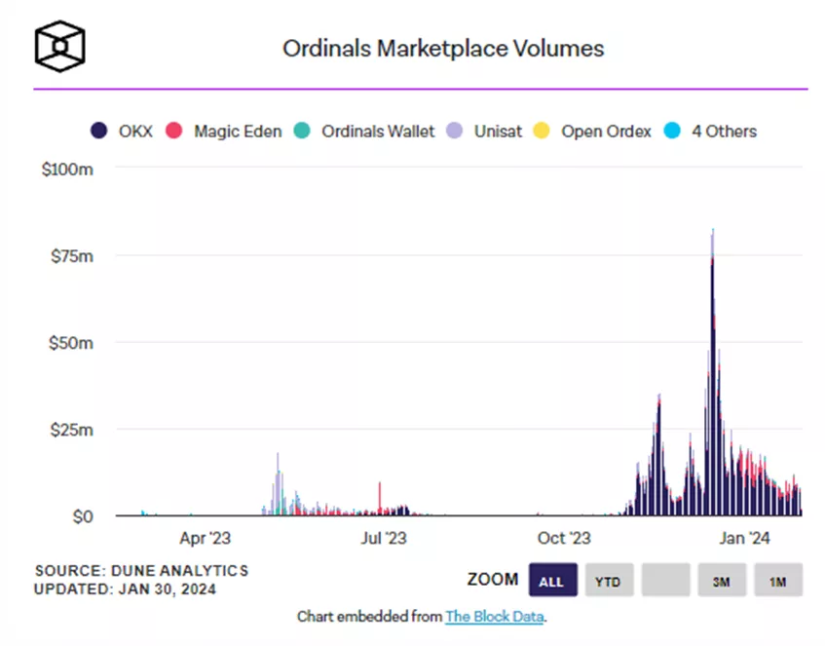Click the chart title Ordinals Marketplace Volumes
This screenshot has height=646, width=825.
(x=442, y=48)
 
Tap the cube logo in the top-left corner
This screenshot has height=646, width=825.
(x=59, y=46)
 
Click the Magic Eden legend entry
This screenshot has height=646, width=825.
(x=225, y=131)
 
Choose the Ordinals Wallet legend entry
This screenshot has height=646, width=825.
(x=365, y=131)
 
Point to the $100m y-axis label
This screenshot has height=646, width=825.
(x=68, y=169)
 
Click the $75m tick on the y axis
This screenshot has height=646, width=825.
(x=73, y=255)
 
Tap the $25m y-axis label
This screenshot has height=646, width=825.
(x=73, y=429)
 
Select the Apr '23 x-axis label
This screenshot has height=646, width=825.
(x=206, y=537)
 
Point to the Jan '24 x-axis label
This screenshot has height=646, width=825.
(x=745, y=537)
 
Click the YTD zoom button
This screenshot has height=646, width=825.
(x=609, y=581)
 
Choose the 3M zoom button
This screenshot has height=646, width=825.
(x=722, y=581)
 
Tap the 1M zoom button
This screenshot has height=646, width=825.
(x=777, y=581)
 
